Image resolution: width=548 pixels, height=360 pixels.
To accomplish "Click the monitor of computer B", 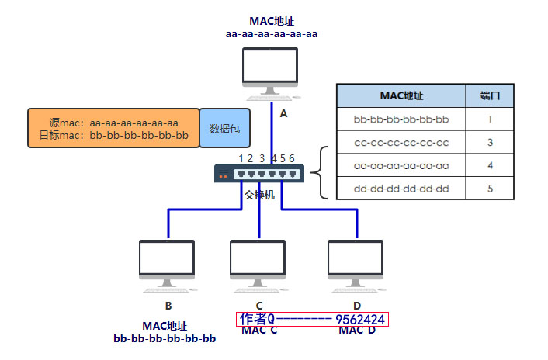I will pyautogui.click(x=168, y=260).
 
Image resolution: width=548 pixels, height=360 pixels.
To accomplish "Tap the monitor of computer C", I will pyautogui.click(x=258, y=260).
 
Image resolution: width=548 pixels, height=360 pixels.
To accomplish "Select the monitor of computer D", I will pyautogui.click(x=356, y=260).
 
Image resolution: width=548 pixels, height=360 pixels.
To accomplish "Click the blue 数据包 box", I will pyautogui.click(x=224, y=128).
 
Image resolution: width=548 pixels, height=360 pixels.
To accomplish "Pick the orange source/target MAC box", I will pyautogui.click(x=113, y=128).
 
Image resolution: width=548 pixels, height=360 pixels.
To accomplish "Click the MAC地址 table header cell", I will pyautogui.click(x=401, y=95).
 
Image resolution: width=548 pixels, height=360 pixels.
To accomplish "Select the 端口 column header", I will pyautogui.click(x=490, y=95).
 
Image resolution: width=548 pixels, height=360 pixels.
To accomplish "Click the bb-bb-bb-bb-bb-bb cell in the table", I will pyautogui.click(x=401, y=119).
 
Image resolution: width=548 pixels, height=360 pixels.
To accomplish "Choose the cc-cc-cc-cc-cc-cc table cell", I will pyautogui.click(x=401, y=142).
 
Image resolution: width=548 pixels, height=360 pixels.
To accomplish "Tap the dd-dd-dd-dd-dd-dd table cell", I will pyautogui.click(x=401, y=188).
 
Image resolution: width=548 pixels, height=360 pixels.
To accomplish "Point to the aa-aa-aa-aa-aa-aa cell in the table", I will pyautogui.click(x=401, y=165).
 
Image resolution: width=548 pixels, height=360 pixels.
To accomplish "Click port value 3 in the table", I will pyautogui.click(x=490, y=142).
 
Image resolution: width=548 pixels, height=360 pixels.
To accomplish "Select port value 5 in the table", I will pyautogui.click(x=490, y=188).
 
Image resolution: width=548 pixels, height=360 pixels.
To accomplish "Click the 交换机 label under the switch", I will pyautogui.click(x=259, y=195).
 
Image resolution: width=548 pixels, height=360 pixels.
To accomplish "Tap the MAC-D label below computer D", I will pyautogui.click(x=356, y=331).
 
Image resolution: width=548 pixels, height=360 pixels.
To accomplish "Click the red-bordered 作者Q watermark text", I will pyautogui.click(x=311, y=319).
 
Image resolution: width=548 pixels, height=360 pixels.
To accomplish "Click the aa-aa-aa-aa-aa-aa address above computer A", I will pyautogui.click(x=272, y=33).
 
